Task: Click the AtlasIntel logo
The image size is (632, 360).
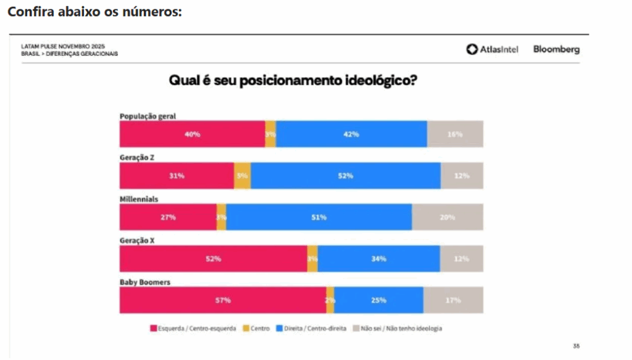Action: [492, 49]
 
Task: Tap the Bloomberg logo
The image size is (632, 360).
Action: [556, 49]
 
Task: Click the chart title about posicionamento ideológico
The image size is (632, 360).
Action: [293, 82]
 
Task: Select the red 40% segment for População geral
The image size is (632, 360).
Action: [192, 134]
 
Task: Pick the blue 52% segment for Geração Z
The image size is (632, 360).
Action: [346, 176]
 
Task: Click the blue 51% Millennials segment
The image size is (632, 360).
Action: [319, 217]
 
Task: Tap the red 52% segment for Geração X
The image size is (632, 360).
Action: [214, 259]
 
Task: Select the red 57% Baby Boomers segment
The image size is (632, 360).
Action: [223, 300]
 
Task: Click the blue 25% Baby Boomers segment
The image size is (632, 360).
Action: [379, 300]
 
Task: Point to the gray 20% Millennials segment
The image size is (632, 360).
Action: [447, 217]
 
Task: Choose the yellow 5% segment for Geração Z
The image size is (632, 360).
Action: [243, 176]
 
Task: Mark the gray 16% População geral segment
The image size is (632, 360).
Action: [455, 134]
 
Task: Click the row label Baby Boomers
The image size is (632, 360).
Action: [145, 282]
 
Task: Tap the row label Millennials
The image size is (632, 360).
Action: [139, 199]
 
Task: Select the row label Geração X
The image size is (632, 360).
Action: [137, 241]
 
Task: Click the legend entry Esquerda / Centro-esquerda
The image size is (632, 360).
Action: [193, 329]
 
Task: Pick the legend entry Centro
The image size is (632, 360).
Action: [256, 329]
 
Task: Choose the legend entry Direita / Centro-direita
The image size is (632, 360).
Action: [312, 329]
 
